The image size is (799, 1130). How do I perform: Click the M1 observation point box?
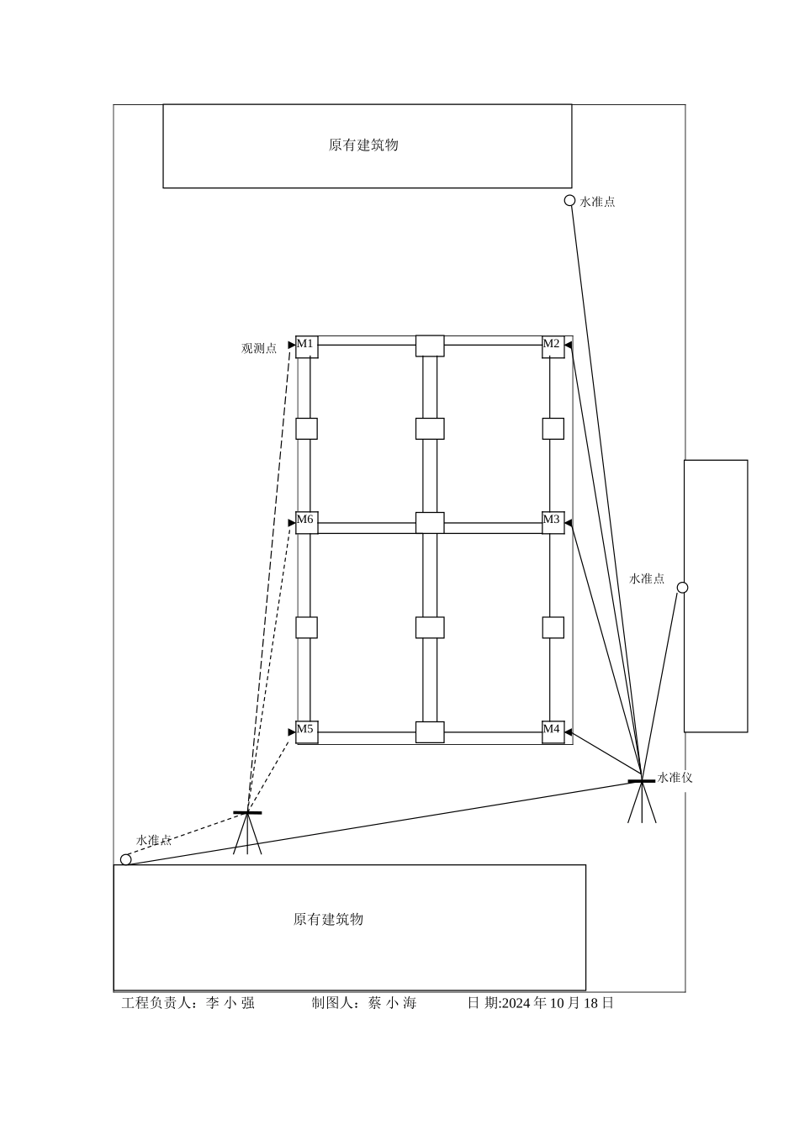click(x=306, y=346)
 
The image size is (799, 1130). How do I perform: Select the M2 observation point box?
click(x=553, y=346)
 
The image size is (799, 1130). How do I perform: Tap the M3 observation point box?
click(x=553, y=522)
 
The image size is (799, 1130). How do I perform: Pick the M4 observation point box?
click(x=553, y=731)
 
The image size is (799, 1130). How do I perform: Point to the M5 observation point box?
click(x=306, y=731)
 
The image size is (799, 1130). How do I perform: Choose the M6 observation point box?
click(x=306, y=522)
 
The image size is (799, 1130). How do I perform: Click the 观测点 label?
click(x=259, y=348)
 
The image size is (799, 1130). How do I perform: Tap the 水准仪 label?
click(x=675, y=778)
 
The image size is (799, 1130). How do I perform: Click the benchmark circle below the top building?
click(x=569, y=201)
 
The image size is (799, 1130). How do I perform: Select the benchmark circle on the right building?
click(x=682, y=588)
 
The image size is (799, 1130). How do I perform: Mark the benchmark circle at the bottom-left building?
click(x=126, y=859)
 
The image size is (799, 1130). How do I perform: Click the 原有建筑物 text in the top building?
click(x=363, y=145)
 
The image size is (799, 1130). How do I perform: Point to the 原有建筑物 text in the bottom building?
click(x=328, y=919)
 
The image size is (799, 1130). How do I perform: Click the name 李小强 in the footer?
click(x=230, y=1002)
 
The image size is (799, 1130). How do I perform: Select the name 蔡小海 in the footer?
click(x=392, y=1002)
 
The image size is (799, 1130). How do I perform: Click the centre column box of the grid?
click(x=430, y=522)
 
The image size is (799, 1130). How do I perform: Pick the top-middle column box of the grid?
click(x=430, y=346)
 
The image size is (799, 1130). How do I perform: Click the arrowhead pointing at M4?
click(x=569, y=731)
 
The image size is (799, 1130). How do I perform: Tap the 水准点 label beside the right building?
click(x=647, y=578)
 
